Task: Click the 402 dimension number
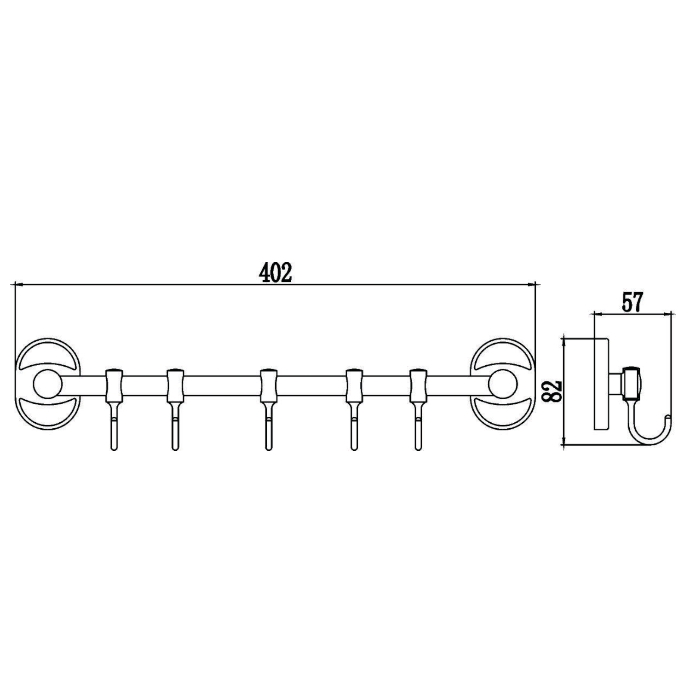pos(276,274)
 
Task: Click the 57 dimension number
pos(632,303)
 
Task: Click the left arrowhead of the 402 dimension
pos(18,285)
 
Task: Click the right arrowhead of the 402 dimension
pos(533,285)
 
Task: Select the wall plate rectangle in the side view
pos(601,385)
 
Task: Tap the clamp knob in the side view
pos(631,384)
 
